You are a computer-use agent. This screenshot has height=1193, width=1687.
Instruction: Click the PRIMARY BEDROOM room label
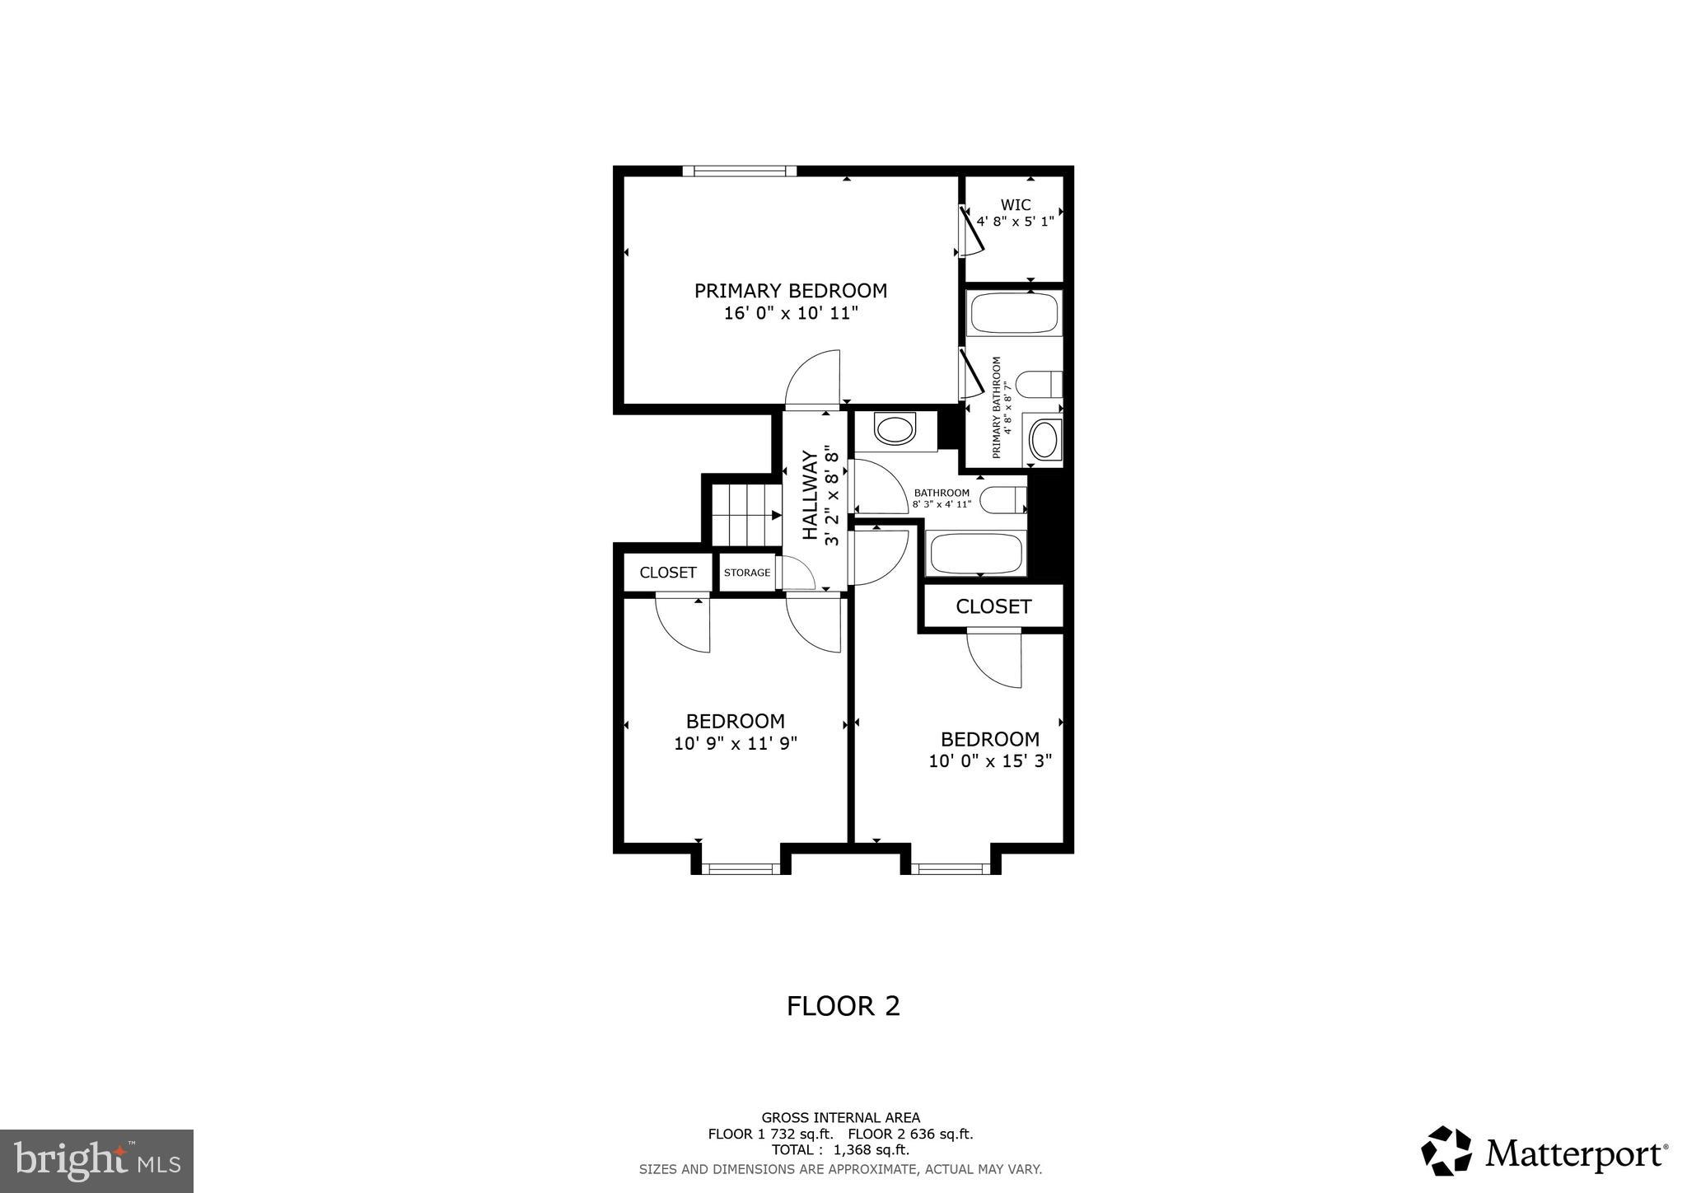coord(790,291)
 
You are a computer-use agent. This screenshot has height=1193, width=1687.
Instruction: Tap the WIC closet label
coord(1015,205)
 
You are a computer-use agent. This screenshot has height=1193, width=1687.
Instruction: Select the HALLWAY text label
coord(811,495)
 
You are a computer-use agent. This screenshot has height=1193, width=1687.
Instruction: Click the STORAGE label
coord(747,573)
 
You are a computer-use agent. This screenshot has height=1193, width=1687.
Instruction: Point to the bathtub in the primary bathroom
coord(1014,313)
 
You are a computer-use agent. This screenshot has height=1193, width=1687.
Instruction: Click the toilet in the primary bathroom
coord(1039,384)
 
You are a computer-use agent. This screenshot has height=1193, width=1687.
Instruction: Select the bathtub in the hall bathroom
coord(977,553)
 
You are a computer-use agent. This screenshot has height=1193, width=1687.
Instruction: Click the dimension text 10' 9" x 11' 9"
coord(735,744)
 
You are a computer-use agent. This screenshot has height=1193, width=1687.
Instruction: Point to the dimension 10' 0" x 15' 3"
coord(990,761)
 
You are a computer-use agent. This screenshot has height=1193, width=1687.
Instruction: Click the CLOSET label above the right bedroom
coord(993,607)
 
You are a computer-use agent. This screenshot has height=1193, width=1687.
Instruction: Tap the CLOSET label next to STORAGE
coord(668,573)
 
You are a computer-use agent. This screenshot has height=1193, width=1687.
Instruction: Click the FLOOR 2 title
coord(843,1006)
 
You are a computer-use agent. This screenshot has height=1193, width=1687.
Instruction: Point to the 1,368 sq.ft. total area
coord(872,1149)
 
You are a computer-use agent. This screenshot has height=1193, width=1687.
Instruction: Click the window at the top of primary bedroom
coord(740,171)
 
